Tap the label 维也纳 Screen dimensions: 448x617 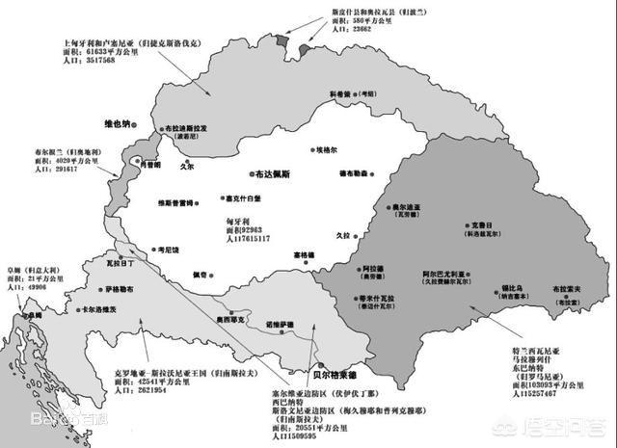(x=121, y=124)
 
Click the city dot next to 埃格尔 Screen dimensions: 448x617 (x=304, y=151)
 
